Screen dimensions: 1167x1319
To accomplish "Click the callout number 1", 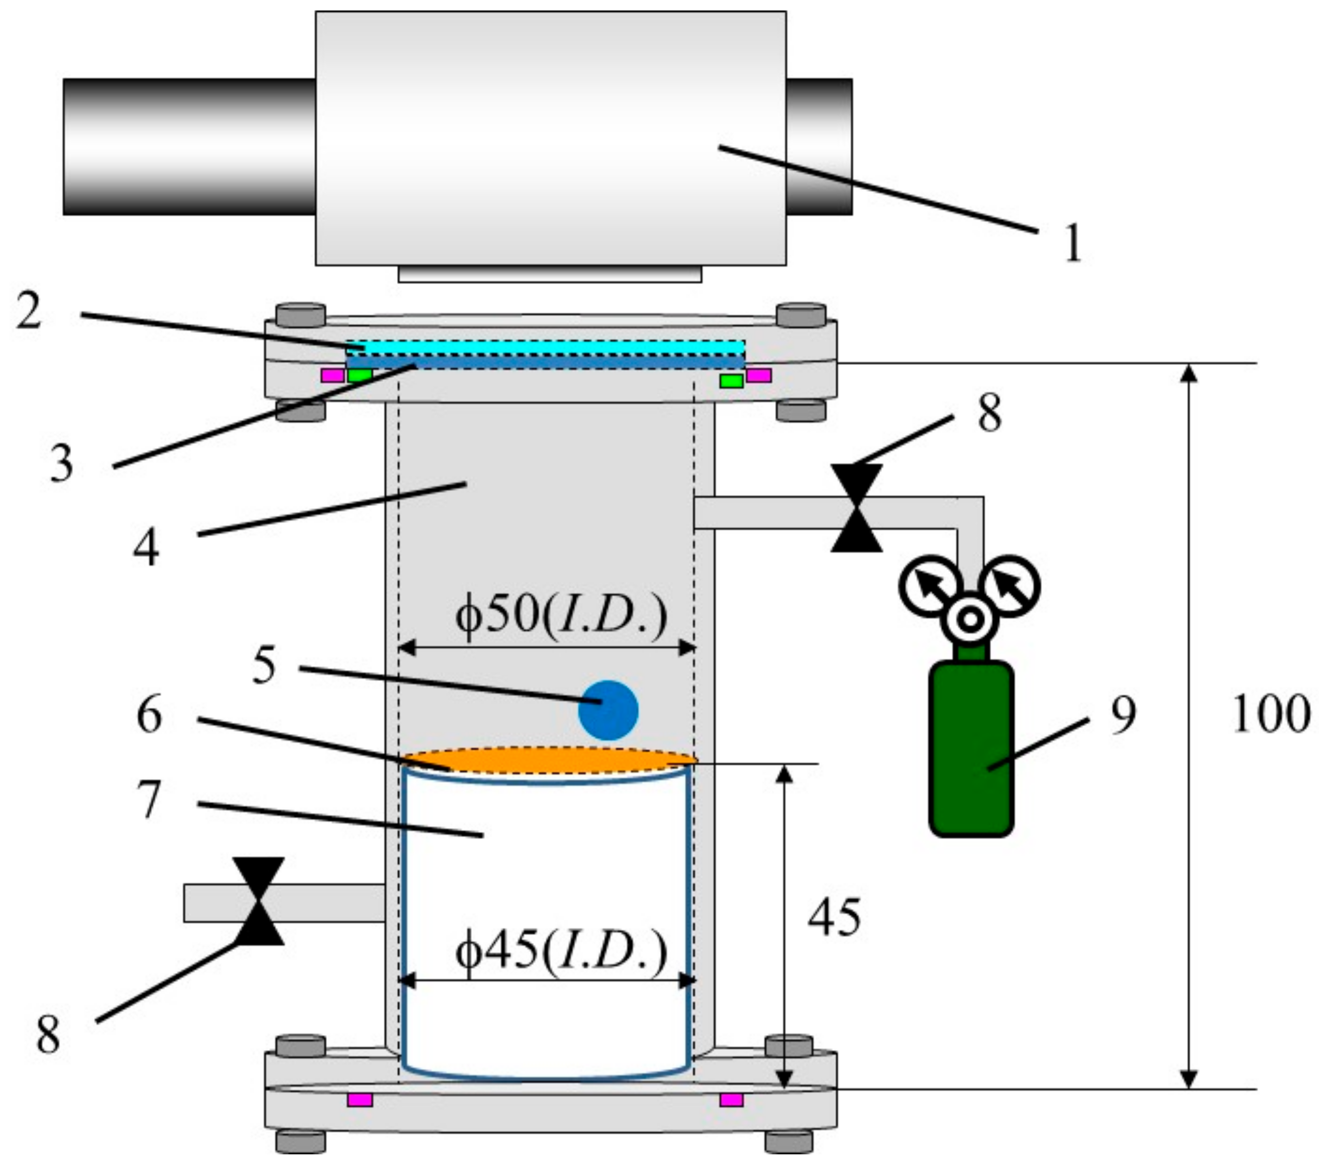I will point(1072,243).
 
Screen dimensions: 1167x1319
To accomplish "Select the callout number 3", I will point(61,464).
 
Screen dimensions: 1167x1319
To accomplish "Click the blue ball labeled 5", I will point(608,710).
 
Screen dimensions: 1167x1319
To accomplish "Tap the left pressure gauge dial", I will point(927,585).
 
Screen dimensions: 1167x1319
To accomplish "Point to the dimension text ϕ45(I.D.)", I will point(560,952).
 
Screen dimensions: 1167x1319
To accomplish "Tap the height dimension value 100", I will point(1271,715).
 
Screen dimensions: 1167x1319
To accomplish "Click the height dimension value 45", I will point(834,917).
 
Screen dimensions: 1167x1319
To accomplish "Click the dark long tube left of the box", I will point(189,147).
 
